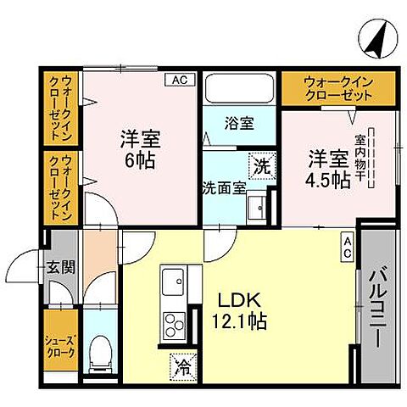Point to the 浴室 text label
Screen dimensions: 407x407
click(239, 124)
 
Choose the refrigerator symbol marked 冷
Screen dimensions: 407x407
click(182, 366)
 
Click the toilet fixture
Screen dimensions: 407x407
click(100, 349)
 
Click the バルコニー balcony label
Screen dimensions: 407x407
click(375, 305)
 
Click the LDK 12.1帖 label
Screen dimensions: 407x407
click(240, 310)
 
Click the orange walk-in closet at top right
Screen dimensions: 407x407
click(337, 86)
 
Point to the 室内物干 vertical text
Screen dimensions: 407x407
click(360, 158)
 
